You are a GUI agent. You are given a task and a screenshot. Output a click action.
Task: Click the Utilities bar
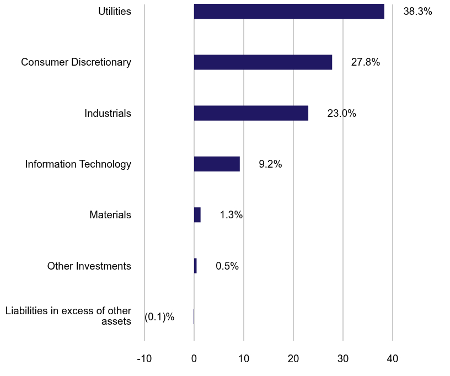tap(289, 11)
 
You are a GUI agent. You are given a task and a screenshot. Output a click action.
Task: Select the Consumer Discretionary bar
tap(263, 62)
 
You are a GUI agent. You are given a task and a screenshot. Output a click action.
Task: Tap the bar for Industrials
tap(251, 113)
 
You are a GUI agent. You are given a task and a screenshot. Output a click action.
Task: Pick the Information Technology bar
tap(217, 164)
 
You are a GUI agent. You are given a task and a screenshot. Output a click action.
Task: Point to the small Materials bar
tap(197, 215)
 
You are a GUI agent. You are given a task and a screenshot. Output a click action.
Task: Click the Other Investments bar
tap(195, 266)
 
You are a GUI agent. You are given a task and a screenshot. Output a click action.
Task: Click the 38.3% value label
tap(417, 11)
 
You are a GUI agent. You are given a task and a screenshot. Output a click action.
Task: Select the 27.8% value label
tap(366, 62)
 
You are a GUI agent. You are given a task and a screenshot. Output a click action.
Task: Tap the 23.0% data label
tap(341, 114)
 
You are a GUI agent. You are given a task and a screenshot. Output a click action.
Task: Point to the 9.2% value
tap(270, 164)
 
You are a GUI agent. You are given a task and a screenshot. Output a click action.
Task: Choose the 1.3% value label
tap(231, 215)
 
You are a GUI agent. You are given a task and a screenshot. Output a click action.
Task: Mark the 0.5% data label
tap(227, 266)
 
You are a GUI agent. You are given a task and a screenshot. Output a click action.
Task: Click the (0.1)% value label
tap(159, 317)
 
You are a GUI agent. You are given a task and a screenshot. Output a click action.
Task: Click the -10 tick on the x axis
tap(144, 359)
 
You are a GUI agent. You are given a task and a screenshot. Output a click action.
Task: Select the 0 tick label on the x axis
tap(194, 359)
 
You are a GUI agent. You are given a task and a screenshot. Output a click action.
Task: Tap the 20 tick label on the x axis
tap(293, 359)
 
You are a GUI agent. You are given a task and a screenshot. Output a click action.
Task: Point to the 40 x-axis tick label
tap(393, 359)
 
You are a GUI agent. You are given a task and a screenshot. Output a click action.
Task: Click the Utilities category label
tap(115, 11)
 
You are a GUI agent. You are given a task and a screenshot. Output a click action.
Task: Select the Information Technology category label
tap(78, 164)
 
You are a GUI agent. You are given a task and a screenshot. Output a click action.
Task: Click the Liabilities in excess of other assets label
tap(68, 316)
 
